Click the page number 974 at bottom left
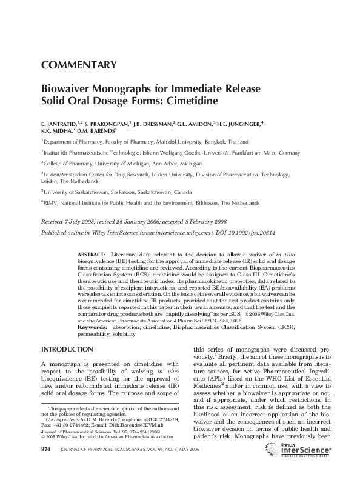tap(45, 465)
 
